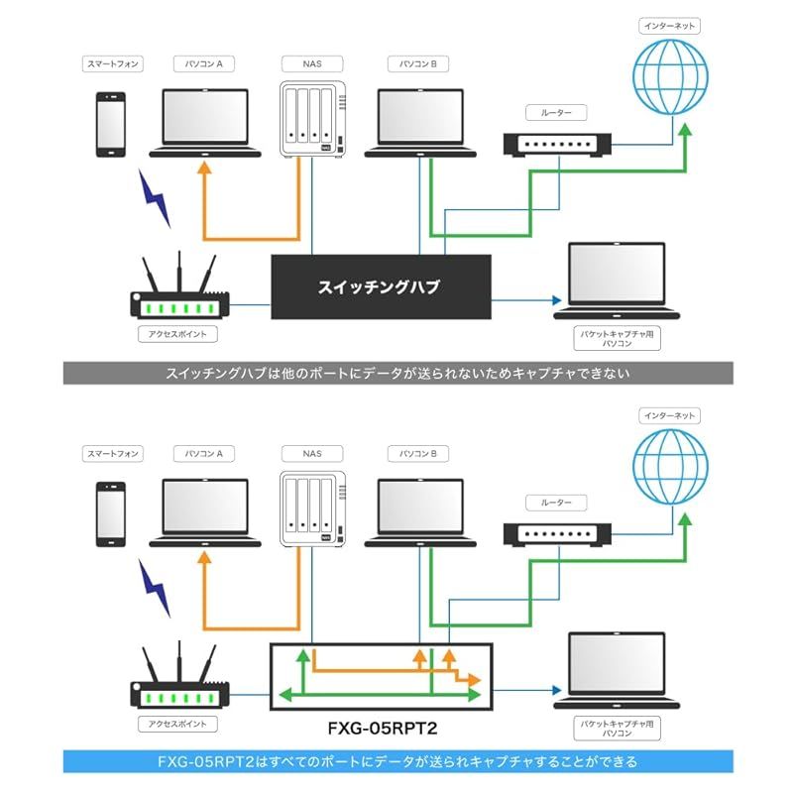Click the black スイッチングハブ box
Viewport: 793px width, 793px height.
click(381, 287)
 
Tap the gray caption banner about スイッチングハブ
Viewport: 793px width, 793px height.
click(396, 373)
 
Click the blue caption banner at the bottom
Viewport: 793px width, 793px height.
click(396, 761)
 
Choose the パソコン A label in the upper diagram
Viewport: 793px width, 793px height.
click(204, 64)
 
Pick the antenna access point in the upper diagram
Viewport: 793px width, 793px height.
click(178, 292)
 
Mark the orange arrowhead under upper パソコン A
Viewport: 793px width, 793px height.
click(204, 169)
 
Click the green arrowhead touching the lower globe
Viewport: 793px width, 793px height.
click(683, 516)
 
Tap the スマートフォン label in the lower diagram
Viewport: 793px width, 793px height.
click(111, 453)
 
